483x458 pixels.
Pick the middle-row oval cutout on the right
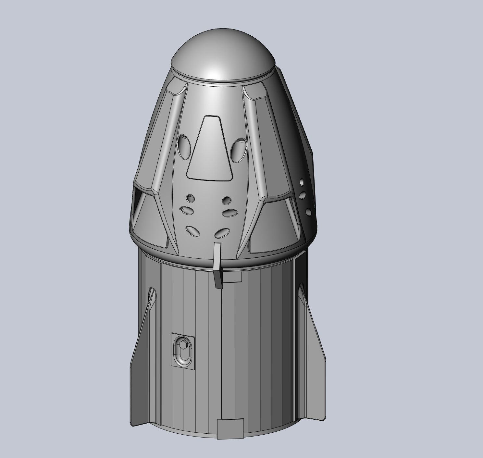click(x=230, y=213)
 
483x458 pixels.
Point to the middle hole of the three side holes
click(x=303, y=195)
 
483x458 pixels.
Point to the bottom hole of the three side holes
click(x=308, y=212)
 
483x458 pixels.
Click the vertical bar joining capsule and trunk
click(x=218, y=265)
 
